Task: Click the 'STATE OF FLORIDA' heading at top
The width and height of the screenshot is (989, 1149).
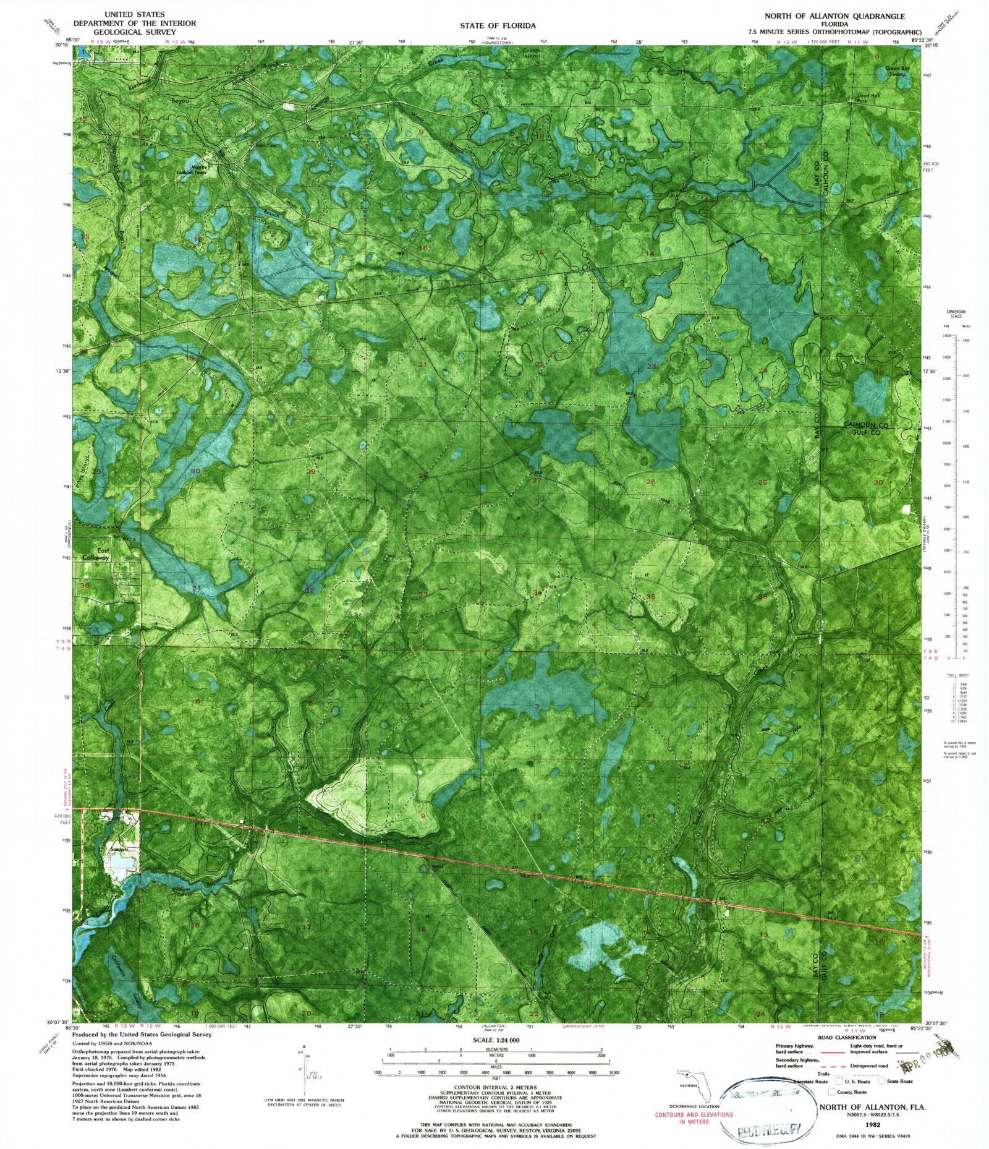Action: pyautogui.click(x=497, y=25)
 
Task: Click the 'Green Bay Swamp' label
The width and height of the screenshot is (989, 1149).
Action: pyautogui.click(x=897, y=71)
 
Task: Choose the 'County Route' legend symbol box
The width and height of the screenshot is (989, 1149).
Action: pyautogui.click(x=832, y=1091)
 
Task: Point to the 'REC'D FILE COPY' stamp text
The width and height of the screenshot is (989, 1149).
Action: pyautogui.click(x=769, y=1130)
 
